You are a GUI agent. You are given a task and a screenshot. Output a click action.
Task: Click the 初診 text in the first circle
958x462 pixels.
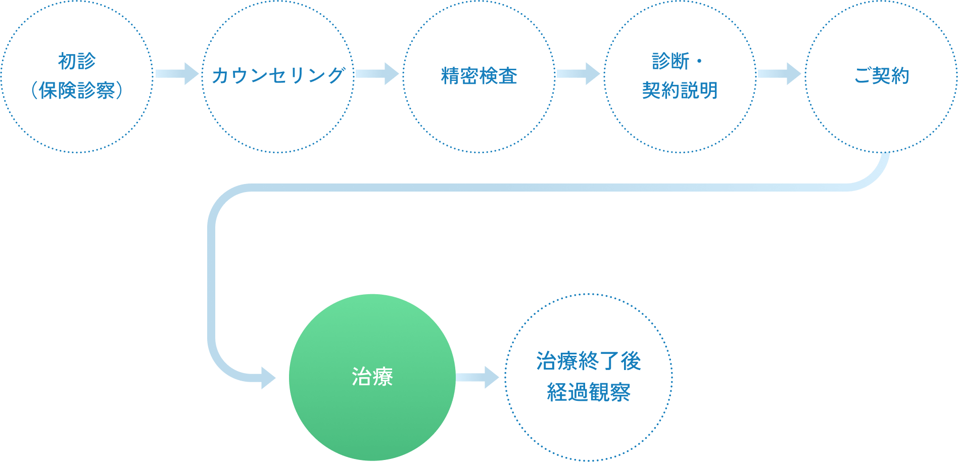pos(77,61)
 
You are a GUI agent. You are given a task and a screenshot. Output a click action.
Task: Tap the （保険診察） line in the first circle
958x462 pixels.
pos(77,90)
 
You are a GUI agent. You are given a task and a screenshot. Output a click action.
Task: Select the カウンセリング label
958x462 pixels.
pos(278,76)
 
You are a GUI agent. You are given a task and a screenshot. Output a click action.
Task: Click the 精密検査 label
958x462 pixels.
pos(479,76)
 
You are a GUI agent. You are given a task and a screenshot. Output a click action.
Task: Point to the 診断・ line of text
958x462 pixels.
pos(677,61)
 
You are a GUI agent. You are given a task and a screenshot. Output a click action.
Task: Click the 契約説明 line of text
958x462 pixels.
pos(680,90)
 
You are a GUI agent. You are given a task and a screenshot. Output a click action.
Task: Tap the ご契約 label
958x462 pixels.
pos(881,76)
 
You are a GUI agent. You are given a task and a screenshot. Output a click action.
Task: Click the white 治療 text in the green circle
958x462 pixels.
pos(372,377)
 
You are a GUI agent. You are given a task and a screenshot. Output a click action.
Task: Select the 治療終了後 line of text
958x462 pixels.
pos(589,361)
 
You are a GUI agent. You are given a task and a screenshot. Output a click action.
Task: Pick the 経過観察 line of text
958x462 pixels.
pos(589,392)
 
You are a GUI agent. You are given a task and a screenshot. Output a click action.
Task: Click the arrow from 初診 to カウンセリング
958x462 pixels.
pos(177,74)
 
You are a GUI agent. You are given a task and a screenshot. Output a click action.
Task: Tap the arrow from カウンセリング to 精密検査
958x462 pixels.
pos(377,74)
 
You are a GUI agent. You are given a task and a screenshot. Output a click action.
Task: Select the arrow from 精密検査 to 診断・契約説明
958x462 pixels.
pos(578,74)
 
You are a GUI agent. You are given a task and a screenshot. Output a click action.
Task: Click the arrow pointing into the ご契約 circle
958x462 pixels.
pos(779,74)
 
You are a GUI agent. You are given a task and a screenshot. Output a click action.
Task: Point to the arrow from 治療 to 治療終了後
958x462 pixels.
pos(477,377)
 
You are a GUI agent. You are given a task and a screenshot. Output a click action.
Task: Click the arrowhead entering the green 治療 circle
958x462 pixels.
pos(268,378)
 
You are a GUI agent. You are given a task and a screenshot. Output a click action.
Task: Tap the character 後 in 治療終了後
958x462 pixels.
pos(631,361)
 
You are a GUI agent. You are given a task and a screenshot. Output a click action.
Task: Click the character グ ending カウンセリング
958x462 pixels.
pos(336,76)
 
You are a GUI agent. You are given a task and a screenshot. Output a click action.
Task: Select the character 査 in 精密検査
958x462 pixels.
pos(508,76)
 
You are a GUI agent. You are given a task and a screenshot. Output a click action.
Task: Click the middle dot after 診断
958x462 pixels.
pos(699,61)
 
